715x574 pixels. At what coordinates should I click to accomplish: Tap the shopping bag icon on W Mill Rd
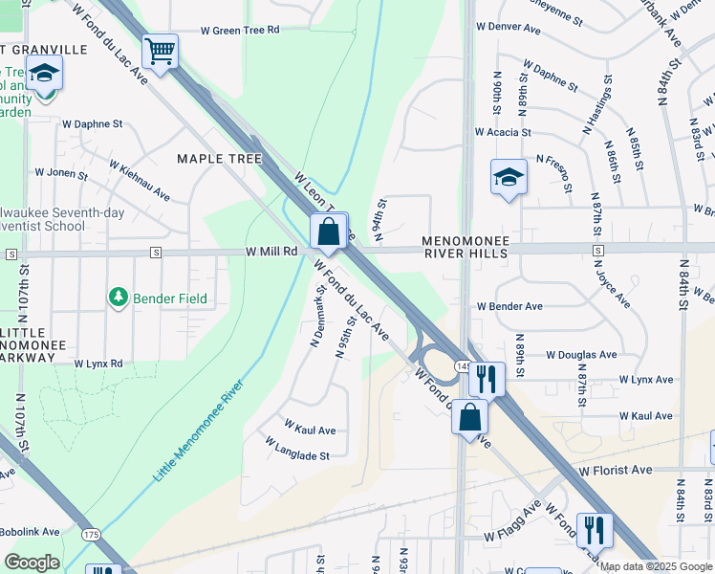pos(328,232)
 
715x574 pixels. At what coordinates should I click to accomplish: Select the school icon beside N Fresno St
pos(509,177)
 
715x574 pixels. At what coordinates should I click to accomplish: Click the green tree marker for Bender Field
pos(119,298)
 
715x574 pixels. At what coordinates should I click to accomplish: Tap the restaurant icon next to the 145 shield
pos(487,379)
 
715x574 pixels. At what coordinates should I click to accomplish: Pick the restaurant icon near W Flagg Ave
pos(595,529)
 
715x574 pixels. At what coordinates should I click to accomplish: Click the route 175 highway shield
pos(91,534)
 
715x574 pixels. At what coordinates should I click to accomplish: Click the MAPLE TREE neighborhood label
pos(219,159)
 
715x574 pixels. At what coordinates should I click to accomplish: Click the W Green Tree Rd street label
pos(240,30)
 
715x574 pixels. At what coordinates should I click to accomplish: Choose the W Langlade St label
pos(296,450)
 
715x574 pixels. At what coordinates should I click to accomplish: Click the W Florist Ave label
pos(615,470)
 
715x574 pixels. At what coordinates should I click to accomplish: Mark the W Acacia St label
pos(503,132)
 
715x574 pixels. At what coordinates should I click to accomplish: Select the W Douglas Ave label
pos(581,354)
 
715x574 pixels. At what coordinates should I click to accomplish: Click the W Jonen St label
pos(61,174)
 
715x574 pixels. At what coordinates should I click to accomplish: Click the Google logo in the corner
pos(32,563)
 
